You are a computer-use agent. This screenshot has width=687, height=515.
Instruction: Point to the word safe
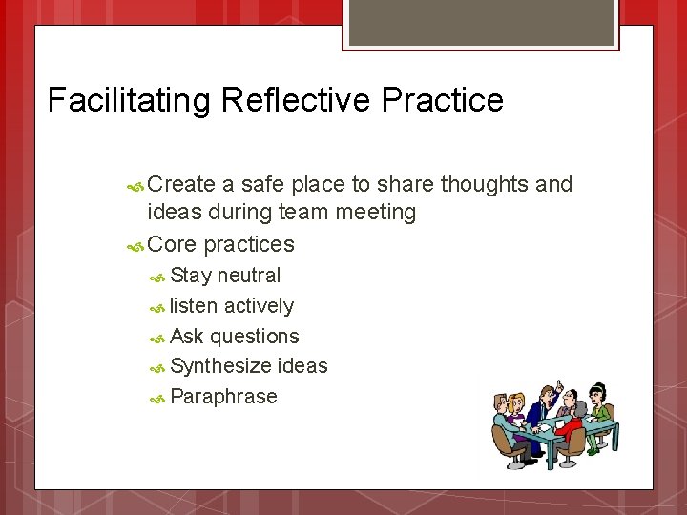262,184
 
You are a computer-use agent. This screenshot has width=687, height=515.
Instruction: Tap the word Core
173,244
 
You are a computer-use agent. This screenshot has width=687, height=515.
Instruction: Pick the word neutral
249,276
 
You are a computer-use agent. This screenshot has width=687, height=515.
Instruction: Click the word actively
259,306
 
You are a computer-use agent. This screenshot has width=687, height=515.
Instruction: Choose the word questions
255,337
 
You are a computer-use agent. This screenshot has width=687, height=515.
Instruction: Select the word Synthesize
220,366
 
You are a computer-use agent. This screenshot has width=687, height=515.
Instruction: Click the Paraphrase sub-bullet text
223,397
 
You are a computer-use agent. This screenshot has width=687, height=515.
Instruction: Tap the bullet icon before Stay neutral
158,277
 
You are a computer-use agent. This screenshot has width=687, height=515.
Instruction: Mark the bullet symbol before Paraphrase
158,398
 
